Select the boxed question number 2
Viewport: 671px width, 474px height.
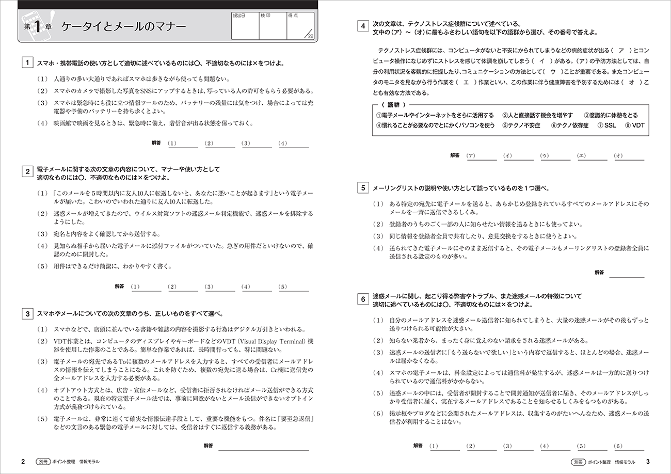pyautogui.click(x=27, y=172)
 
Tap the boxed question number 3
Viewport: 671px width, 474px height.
pyautogui.click(x=27, y=313)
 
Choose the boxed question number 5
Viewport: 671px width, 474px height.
pyautogui.click(x=363, y=188)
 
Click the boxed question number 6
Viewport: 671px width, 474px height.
pyautogui.click(x=363, y=299)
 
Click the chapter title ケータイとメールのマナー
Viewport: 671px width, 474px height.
pyautogui.click(x=123, y=27)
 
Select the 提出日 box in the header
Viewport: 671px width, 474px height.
pyautogui.click(x=245, y=26)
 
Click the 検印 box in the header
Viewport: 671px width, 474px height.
pyautogui.click(x=273, y=26)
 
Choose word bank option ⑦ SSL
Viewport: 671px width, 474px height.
pyautogui.click(x=606, y=125)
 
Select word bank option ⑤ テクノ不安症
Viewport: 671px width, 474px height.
pyautogui.click(x=521, y=125)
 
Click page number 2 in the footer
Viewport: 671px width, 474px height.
pyautogui.click(x=22, y=461)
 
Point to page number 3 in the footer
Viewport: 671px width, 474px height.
pyautogui.click(x=648, y=461)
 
